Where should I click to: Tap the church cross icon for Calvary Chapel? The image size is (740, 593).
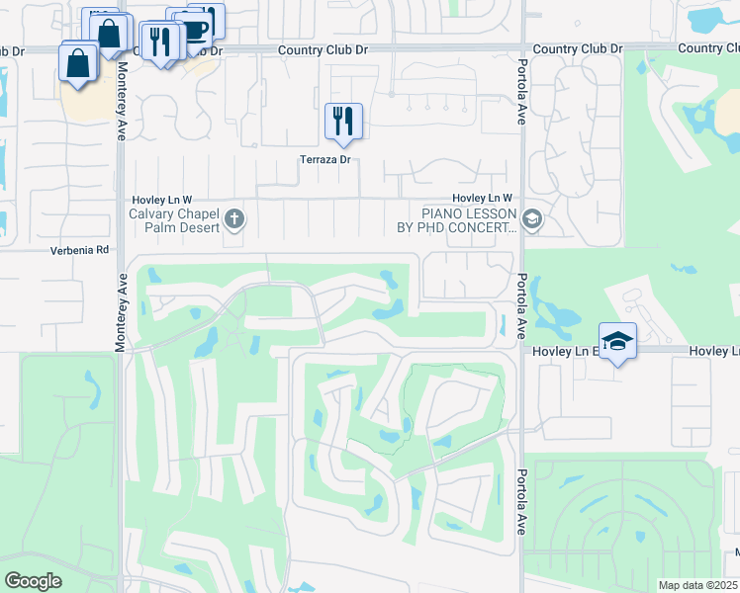[234, 218]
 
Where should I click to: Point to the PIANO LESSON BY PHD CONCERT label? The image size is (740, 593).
[469, 219]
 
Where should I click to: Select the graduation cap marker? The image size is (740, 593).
[618, 341]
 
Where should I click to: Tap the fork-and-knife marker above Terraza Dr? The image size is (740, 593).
[343, 122]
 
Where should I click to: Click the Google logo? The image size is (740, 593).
[32, 581]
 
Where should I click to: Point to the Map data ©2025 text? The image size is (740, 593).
[696, 585]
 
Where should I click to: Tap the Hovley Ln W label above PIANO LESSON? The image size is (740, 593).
[483, 199]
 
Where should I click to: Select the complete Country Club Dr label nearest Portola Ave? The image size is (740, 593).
[578, 48]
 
